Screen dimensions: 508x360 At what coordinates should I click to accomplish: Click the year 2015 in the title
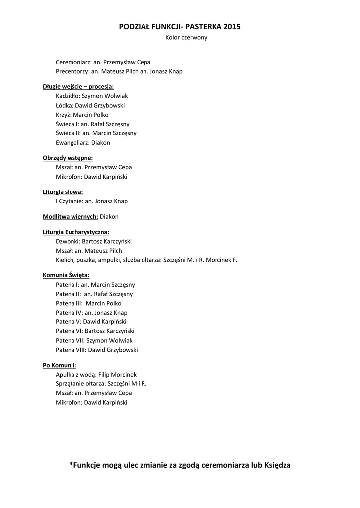[232, 27]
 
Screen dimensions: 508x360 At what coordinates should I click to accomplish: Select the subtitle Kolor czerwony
[186, 38]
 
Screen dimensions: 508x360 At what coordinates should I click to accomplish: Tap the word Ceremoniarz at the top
[73, 62]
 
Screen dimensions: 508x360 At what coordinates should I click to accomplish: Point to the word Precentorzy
[72, 71]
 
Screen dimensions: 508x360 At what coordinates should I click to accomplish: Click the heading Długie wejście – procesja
[78, 86]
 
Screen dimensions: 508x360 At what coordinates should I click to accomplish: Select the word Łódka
[64, 105]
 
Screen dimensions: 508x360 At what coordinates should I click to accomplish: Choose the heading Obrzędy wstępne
[68, 158]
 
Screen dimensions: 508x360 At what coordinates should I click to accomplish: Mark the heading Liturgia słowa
[63, 191]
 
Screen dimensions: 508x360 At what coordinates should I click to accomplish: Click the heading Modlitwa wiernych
[71, 217]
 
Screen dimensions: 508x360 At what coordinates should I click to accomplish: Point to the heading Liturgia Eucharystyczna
[76, 232]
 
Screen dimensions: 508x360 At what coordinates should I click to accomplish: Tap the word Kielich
[65, 260]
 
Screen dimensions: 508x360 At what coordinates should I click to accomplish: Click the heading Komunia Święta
[66, 275]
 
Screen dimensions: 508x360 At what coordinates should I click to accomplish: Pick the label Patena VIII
[71, 350]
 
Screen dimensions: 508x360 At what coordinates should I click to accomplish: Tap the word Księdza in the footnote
[276, 465]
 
